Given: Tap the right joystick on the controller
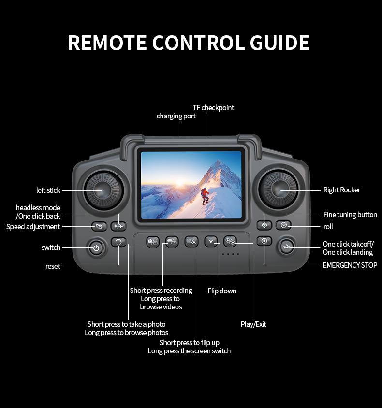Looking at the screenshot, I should coord(279,189).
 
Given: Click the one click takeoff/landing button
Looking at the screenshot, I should coord(287,247).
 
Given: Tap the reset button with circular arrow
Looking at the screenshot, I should coord(118,241).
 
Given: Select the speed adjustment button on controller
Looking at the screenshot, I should coord(99,226).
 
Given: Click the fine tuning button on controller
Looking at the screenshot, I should coord(264,225).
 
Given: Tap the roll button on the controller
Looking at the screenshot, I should coord(284,225).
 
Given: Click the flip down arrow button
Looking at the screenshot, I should coord(211,241).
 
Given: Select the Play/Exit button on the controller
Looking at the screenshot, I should coord(230,241).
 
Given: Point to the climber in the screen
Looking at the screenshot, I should coord(205,195).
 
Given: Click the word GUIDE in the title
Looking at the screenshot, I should coord(279,43).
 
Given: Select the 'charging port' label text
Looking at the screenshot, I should coord(176,116).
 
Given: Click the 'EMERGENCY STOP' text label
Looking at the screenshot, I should coord(350,265).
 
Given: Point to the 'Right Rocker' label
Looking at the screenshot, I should coord(341,190).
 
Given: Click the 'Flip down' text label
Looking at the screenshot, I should coord(222,291).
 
